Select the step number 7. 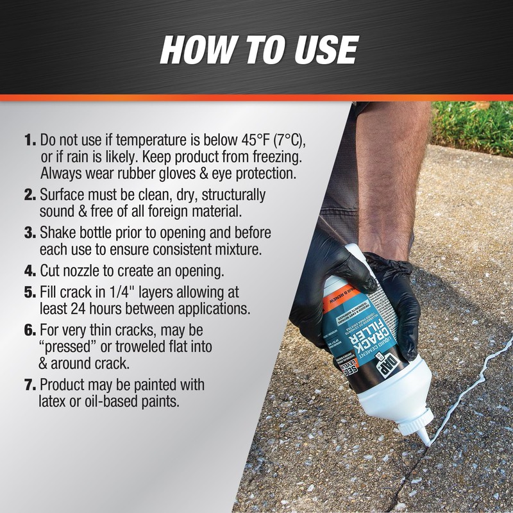31,385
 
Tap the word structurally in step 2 226,195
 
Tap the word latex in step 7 56,401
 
